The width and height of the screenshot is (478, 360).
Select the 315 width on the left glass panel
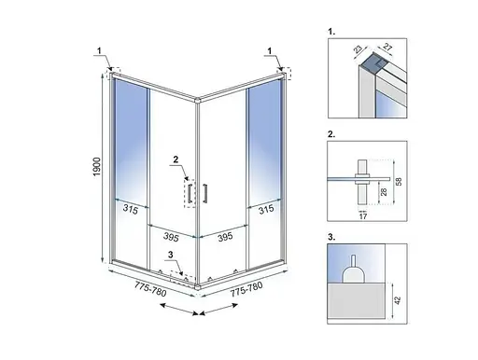(130, 210)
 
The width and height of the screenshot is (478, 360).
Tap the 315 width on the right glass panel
(266, 210)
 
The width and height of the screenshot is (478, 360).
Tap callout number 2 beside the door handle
(175, 159)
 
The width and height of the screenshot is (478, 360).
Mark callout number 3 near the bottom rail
(169, 253)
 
